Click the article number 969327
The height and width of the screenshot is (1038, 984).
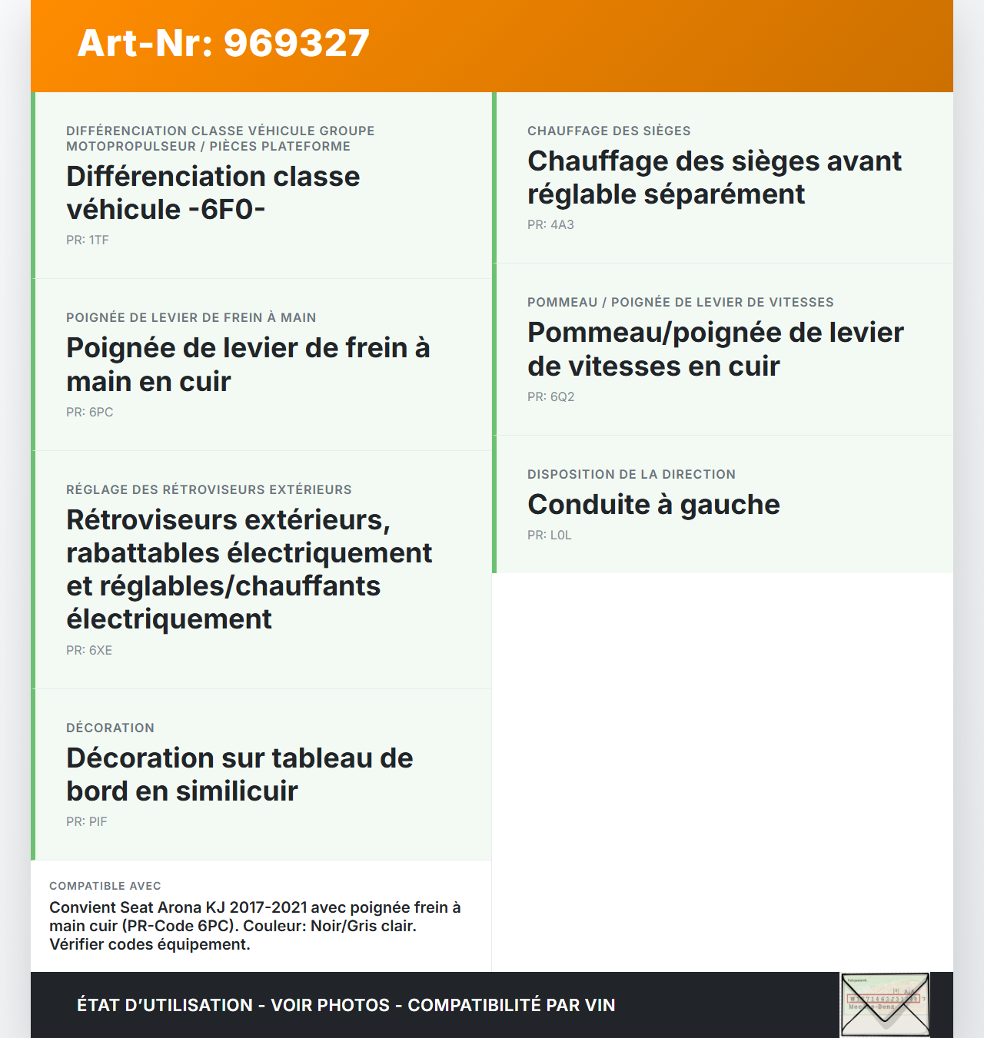[296, 43]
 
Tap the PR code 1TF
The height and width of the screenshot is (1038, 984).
[98, 240]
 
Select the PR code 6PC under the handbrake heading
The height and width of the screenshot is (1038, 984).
[101, 412]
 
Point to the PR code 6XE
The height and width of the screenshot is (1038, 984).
[101, 650]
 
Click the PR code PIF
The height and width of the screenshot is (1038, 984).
[98, 821]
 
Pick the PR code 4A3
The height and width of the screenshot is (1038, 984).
[562, 224]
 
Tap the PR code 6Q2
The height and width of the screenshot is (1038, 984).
[562, 396]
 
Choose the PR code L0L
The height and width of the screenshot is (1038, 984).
[560, 535]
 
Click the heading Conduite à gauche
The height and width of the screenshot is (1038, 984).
[653, 505]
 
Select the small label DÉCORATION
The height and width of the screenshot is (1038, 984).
[110, 728]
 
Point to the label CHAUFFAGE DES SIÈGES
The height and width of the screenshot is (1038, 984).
[609, 131]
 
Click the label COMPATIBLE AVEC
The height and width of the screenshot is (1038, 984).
[105, 886]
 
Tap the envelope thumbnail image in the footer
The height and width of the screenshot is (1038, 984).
[885, 1005]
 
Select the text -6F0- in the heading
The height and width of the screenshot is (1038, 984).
[227, 209]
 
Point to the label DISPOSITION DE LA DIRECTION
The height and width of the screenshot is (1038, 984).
[631, 474]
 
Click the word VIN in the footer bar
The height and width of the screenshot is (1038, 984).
[600, 1005]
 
